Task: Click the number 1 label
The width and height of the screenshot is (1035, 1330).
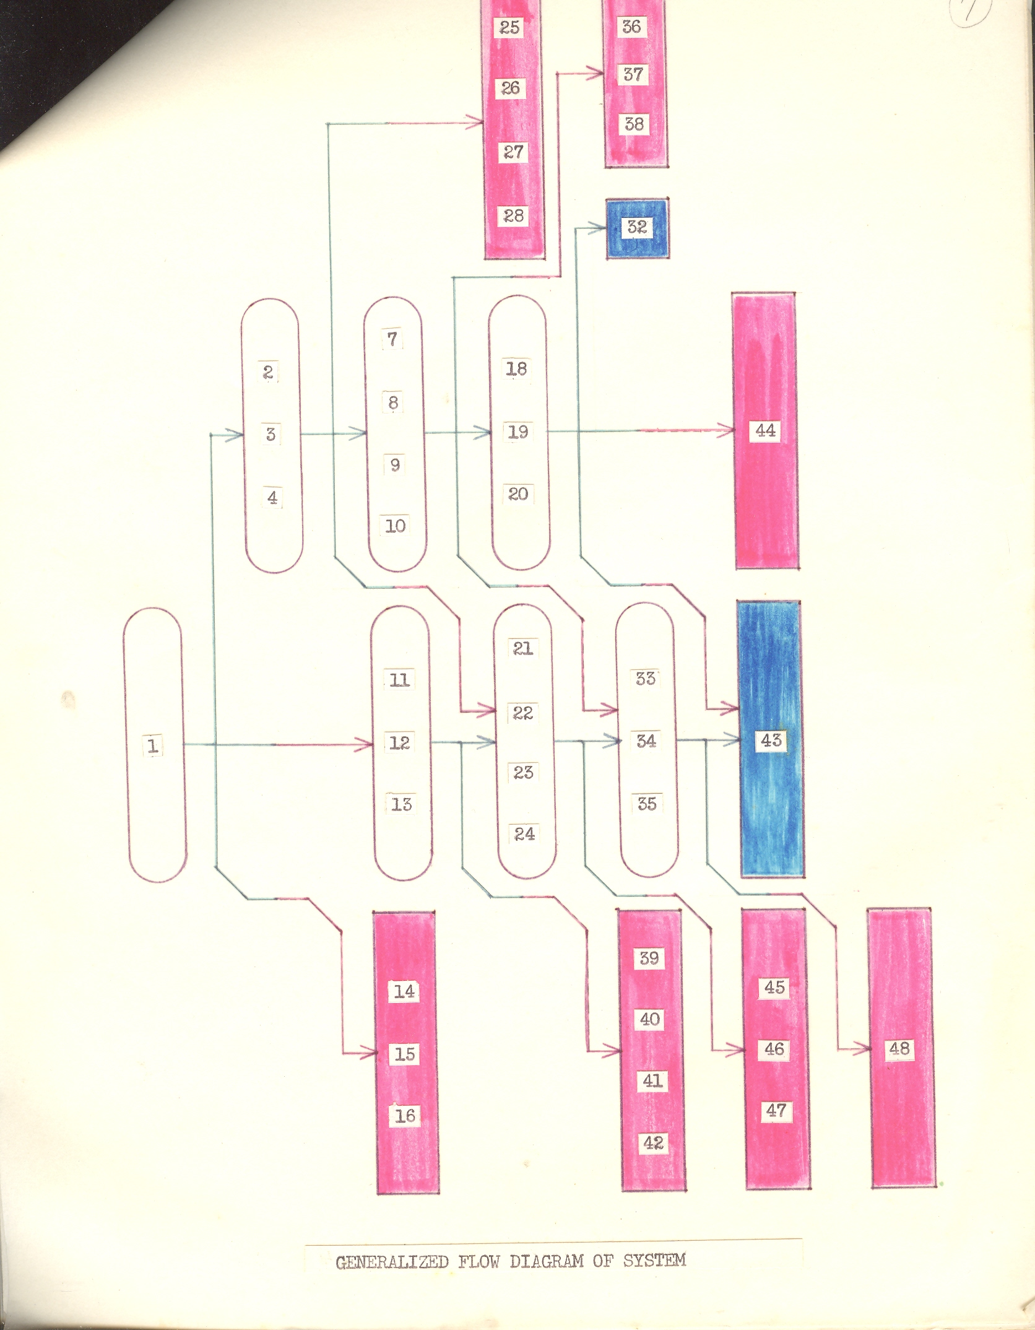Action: (x=153, y=745)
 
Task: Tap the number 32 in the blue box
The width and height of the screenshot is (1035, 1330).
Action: (x=637, y=227)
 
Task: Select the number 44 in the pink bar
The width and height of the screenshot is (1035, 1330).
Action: (x=765, y=430)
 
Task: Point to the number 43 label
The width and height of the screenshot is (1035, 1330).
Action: (x=771, y=740)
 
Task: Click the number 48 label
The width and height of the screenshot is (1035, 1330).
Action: (x=899, y=1048)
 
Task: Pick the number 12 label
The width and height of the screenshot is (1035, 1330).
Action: (x=399, y=742)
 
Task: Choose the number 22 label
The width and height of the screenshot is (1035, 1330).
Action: (x=523, y=713)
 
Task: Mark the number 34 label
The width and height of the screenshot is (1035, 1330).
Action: (x=646, y=741)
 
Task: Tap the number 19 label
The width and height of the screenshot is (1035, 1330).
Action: (x=518, y=432)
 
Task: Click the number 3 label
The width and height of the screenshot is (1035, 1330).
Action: (x=271, y=434)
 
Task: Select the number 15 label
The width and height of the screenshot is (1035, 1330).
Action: (x=405, y=1054)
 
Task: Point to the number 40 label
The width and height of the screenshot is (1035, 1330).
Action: (x=650, y=1019)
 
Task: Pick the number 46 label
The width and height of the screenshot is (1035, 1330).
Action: (x=774, y=1049)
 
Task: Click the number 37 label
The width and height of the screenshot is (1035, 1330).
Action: (x=633, y=75)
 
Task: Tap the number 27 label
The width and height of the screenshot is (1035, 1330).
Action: (x=513, y=152)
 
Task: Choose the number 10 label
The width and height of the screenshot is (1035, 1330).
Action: (x=396, y=526)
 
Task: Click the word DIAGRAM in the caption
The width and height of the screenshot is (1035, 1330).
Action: (x=547, y=1261)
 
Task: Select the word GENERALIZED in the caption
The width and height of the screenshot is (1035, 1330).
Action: (x=392, y=1263)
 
